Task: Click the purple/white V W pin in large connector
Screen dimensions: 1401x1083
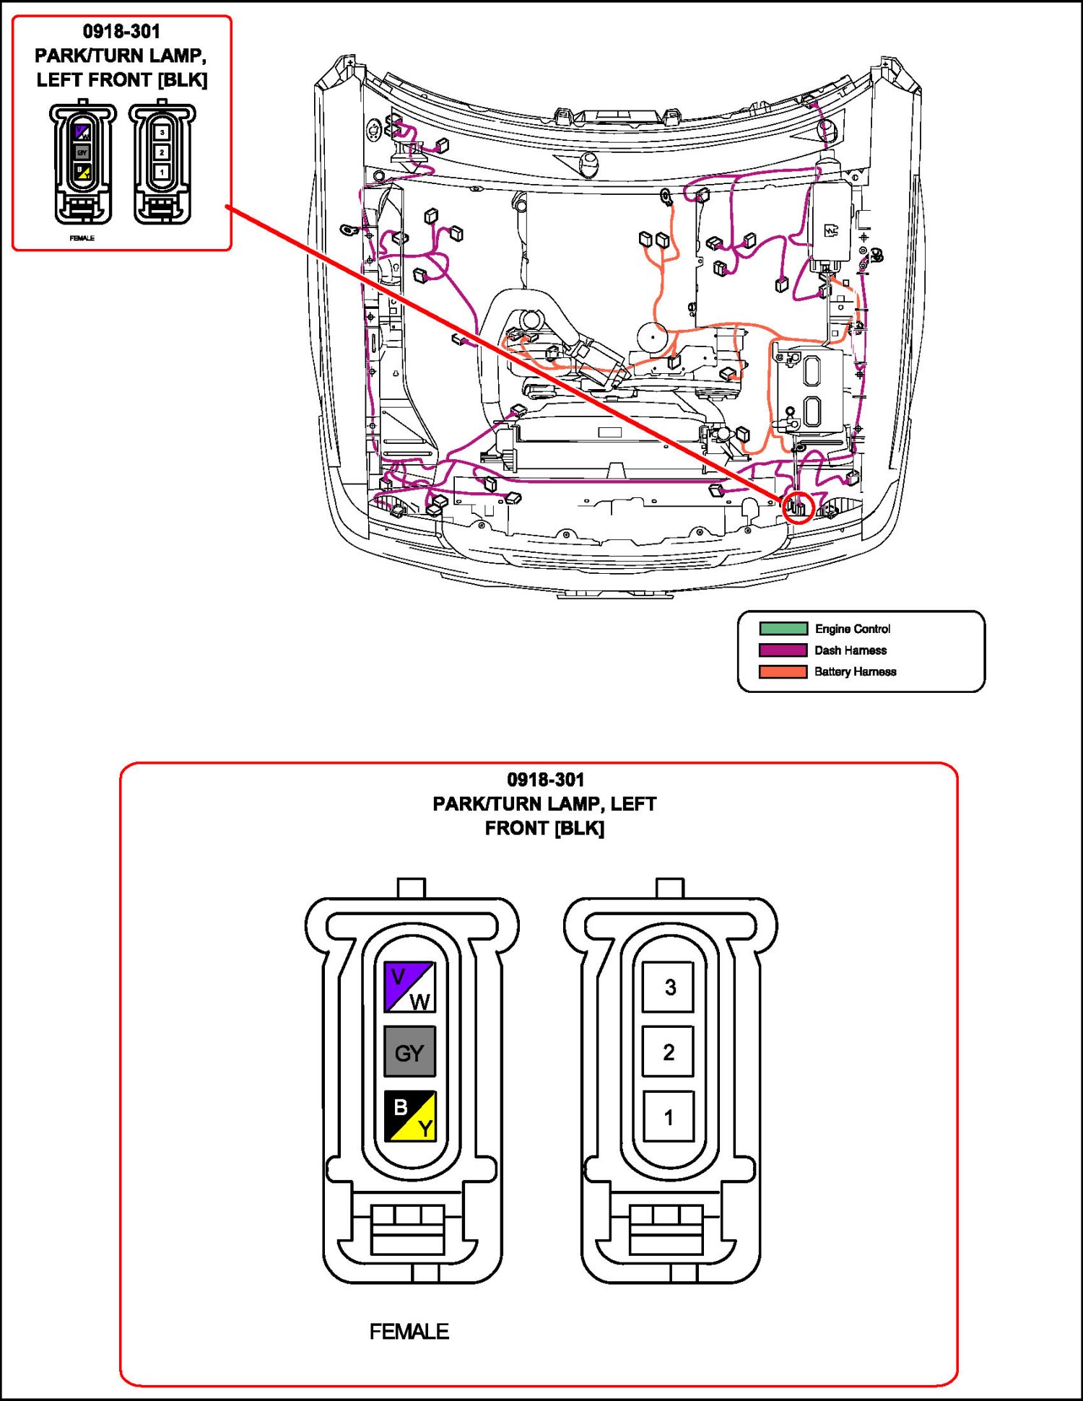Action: [x=409, y=986]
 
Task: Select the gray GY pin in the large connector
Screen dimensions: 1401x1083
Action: [x=409, y=1052]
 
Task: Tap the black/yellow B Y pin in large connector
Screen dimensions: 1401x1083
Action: [x=409, y=1116]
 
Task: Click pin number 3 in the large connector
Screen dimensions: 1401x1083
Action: [x=669, y=987]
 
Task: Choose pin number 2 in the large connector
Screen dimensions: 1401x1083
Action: [x=669, y=1052]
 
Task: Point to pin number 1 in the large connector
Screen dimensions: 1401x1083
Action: [x=669, y=1117]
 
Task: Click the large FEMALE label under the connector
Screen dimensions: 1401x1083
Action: [x=409, y=1332]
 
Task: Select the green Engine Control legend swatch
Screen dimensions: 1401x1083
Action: [x=783, y=629]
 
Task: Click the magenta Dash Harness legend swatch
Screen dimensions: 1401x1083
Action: [x=783, y=650]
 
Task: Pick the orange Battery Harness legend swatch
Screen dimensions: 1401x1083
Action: [x=783, y=672]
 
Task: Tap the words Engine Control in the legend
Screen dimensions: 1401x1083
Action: [x=853, y=629]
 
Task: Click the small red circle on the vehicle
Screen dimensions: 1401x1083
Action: [x=799, y=508]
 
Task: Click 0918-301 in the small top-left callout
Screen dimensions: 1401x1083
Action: [x=121, y=32]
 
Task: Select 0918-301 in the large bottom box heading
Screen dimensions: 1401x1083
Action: [x=545, y=780]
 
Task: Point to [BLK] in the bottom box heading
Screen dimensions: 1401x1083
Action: [x=580, y=828]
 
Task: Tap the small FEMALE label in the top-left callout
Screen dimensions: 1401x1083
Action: [x=82, y=238]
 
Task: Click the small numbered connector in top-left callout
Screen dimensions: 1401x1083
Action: [x=162, y=163]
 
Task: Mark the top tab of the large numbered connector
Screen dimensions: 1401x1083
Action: [x=669, y=888]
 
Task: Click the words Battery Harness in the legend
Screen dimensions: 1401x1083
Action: [x=856, y=672]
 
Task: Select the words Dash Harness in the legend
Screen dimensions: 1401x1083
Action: [x=851, y=650]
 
